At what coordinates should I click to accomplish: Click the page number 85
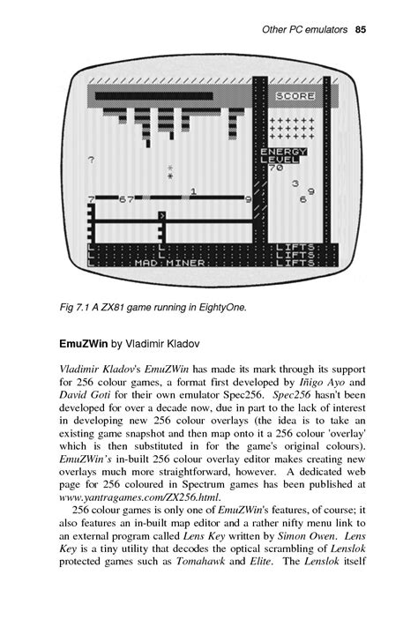tap(360, 31)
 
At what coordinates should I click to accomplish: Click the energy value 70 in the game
tap(275, 167)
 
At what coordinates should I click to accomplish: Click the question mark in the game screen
tap(92, 160)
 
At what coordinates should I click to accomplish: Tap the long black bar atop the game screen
tap(153, 95)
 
